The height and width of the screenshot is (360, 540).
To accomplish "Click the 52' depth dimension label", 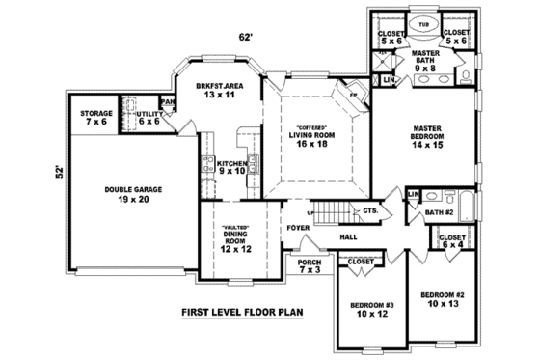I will (x=59, y=174).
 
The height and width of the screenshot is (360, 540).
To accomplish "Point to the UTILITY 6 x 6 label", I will (x=148, y=118).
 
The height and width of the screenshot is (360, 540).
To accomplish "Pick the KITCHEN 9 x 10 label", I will (x=231, y=168).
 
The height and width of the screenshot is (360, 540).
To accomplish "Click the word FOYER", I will (x=297, y=229).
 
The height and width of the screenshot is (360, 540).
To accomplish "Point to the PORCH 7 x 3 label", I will (x=310, y=265).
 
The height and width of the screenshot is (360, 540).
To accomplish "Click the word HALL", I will (x=349, y=236).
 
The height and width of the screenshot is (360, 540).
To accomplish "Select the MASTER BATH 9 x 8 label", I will (x=425, y=61).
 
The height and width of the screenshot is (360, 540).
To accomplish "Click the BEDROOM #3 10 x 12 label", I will (x=367, y=309).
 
